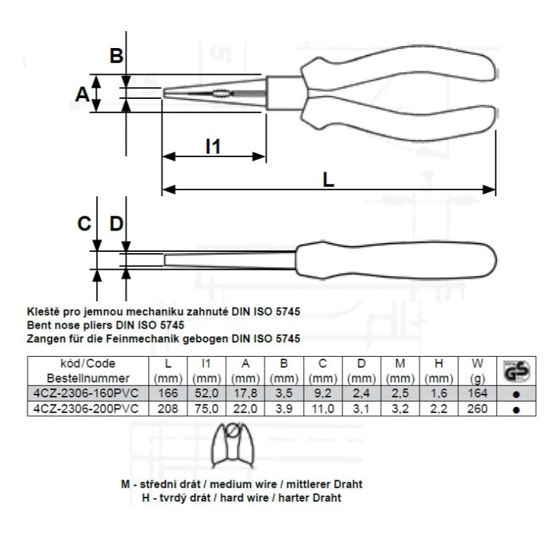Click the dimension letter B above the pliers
tap(117, 56)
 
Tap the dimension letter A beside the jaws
tap(82, 94)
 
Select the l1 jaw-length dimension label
tap(213, 146)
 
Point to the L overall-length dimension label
tap(328, 180)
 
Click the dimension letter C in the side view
tap(84, 224)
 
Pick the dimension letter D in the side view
tap(117, 224)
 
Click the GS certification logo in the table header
tap(517, 371)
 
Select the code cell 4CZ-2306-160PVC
tap(86, 393)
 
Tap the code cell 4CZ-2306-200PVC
tap(86, 408)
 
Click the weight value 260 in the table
tap(477, 408)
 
